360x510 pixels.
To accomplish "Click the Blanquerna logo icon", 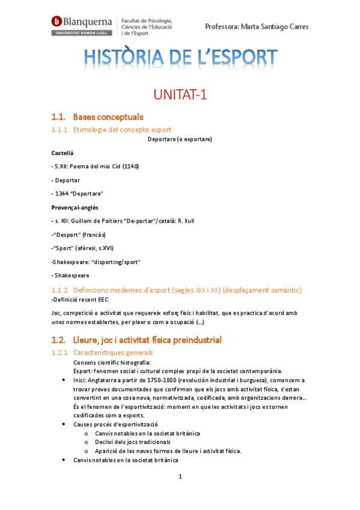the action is tap(58, 22).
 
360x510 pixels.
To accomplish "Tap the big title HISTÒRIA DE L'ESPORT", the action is tap(180, 58).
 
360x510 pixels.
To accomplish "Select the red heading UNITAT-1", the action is tap(180, 94).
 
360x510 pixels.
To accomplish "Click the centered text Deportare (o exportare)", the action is tap(180, 140).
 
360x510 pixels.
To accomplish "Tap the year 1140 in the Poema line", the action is tap(130, 166).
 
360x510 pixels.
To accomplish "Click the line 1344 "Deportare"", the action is tap(79, 193).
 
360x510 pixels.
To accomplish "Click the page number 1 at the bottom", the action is tap(180, 477).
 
